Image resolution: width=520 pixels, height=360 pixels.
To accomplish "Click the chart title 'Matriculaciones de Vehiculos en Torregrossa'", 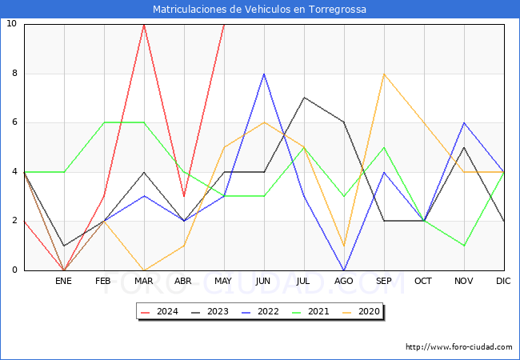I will (x=260, y=10).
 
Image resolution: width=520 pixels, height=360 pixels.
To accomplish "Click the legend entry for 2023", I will (x=208, y=312).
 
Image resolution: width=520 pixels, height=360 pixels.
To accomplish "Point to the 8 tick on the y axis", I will (x=12, y=74).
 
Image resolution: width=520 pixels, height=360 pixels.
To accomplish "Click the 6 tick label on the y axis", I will (x=12, y=122).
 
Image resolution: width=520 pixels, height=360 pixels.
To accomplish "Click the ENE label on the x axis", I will (x=64, y=282).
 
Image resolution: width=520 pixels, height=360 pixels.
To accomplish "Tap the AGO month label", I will (x=344, y=282).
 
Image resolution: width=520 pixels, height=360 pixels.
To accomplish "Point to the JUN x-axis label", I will (x=264, y=282).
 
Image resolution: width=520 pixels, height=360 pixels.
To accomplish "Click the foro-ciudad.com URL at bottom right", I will (x=458, y=347).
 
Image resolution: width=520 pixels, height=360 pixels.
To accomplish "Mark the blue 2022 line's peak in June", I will (x=264, y=74).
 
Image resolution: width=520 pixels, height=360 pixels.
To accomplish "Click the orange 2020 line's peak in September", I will (x=384, y=74).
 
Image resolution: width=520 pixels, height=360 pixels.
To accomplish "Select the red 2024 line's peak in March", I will (x=144, y=24).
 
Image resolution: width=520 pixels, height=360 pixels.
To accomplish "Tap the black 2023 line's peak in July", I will (x=304, y=98).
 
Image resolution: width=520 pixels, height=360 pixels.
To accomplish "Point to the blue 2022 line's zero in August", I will (x=344, y=270).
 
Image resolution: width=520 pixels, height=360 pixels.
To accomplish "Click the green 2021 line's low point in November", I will (x=464, y=246).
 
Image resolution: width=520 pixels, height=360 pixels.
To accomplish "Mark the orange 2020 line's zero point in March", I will (x=144, y=270).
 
